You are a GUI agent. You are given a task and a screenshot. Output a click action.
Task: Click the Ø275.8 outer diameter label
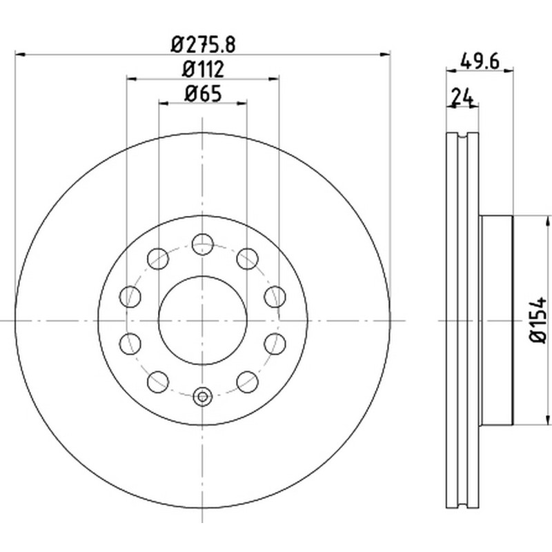point(203,45)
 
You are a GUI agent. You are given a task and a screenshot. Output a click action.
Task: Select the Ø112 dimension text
point(203,69)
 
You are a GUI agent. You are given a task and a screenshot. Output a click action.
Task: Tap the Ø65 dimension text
point(203,94)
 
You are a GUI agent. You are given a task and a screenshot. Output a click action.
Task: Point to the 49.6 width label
point(480,62)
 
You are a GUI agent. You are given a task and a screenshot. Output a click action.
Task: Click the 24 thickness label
point(462,97)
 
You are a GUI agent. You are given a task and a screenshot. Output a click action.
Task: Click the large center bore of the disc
point(203,320)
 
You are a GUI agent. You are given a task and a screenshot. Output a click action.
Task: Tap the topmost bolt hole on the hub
point(203,244)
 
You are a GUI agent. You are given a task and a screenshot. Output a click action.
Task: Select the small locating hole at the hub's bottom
point(203,397)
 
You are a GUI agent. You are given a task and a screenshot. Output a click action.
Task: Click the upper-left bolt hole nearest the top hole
point(158,259)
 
